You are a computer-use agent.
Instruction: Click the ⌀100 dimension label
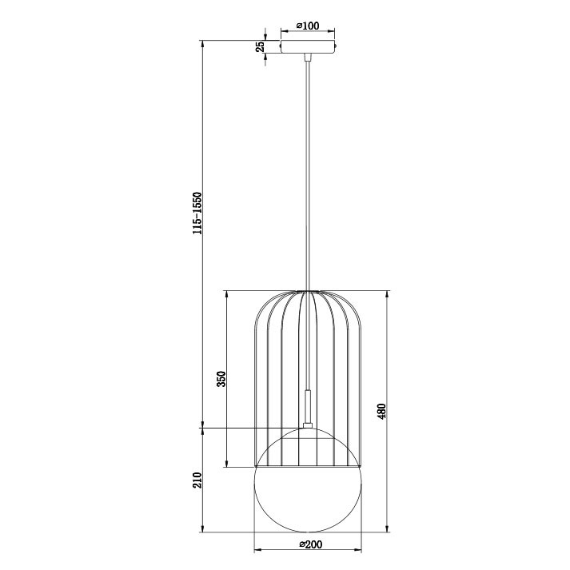308,26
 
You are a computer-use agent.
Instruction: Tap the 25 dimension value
261,46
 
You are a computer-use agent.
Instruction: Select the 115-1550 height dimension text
197,213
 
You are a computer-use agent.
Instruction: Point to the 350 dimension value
221,379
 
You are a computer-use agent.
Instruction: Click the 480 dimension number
381,411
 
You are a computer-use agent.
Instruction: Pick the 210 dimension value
197,480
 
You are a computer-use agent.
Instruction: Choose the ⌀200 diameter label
311,544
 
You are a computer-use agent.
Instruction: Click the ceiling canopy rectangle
308,46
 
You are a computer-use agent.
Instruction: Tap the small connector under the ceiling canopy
308,58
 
